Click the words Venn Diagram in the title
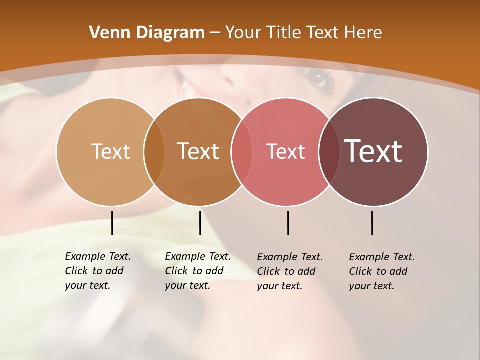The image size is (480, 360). click(147, 33)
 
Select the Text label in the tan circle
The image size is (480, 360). click(110, 151)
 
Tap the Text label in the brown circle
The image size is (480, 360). click(198, 151)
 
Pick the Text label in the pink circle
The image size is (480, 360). click(285, 151)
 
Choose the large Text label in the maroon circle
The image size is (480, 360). click(373, 151)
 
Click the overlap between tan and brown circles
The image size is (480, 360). click(154, 152)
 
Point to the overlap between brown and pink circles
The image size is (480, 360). click(242, 152)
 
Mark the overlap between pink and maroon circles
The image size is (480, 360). click(329, 152)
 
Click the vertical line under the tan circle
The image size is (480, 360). click(112, 223)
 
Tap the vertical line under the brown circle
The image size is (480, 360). click(200, 223)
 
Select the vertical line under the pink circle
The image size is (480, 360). click(288, 223)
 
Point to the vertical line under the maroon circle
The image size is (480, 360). click(372, 223)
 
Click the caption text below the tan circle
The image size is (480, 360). click(98, 271)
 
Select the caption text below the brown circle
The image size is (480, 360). click(198, 271)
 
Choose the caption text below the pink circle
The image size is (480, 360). click(290, 271)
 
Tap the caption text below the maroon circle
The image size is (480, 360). click(382, 271)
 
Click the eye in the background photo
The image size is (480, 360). click(318, 77)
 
